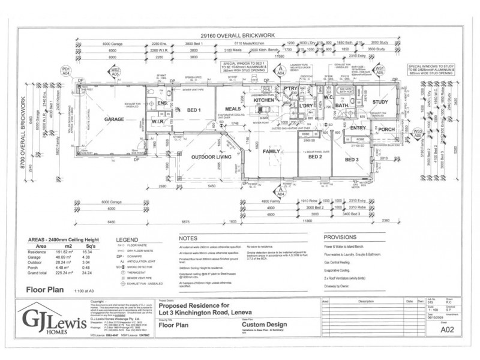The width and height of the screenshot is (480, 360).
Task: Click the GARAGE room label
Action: coord(114,119)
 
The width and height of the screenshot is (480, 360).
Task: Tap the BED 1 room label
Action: coord(193,110)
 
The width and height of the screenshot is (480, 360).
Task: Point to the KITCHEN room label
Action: coord(263,100)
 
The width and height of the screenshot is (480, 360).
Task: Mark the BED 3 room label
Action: coord(352,160)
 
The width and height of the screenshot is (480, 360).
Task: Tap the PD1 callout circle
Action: coord(67,71)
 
